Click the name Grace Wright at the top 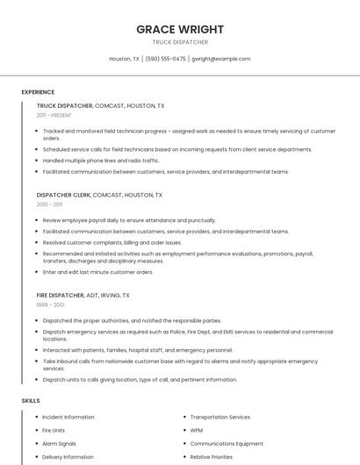pyautogui.click(x=180, y=29)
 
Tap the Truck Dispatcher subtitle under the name pyautogui.click(x=180, y=41)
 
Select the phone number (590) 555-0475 pyautogui.click(x=165, y=59)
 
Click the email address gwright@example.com pyautogui.click(x=220, y=59)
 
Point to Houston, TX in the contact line pyautogui.click(x=124, y=59)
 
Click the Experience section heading pyautogui.click(x=38, y=92)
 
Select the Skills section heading pyautogui.click(x=31, y=400)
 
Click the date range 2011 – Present pyautogui.click(x=54, y=115)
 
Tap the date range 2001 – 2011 pyautogui.click(x=49, y=204)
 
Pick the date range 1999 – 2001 pyautogui.click(x=50, y=304)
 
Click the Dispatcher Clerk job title pyautogui.click(x=63, y=195)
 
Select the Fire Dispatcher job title pyautogui.click(x=61, y=296)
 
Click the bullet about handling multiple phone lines pyautogui.click(x=101, y=161)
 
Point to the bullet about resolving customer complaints pyautogui.click(x=112, y=242)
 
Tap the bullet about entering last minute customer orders pyautogui.click(x=98, y=272)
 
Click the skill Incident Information pyautogui.click(x=68, y=417)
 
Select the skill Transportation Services pyautogui.click(x=220, y=417)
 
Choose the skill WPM pyautogui.click(x=197, y=431)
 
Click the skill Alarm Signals pyautogui.click(x=59, y=444)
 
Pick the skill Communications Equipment pyautogui.click(x=227, y=444)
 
